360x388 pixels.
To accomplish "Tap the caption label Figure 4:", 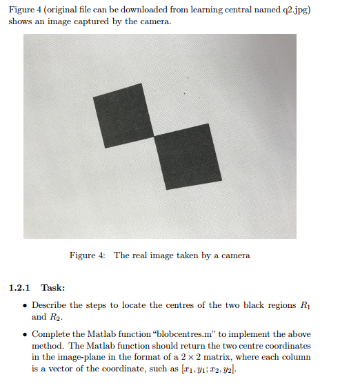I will [88, 255].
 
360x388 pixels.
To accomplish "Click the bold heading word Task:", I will [53, 288].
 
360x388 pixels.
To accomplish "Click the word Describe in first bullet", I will [49, 305].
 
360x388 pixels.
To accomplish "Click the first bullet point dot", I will [25, 305].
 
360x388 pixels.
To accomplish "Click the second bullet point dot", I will [25, 333].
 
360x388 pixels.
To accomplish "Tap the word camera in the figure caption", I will [234, 255].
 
